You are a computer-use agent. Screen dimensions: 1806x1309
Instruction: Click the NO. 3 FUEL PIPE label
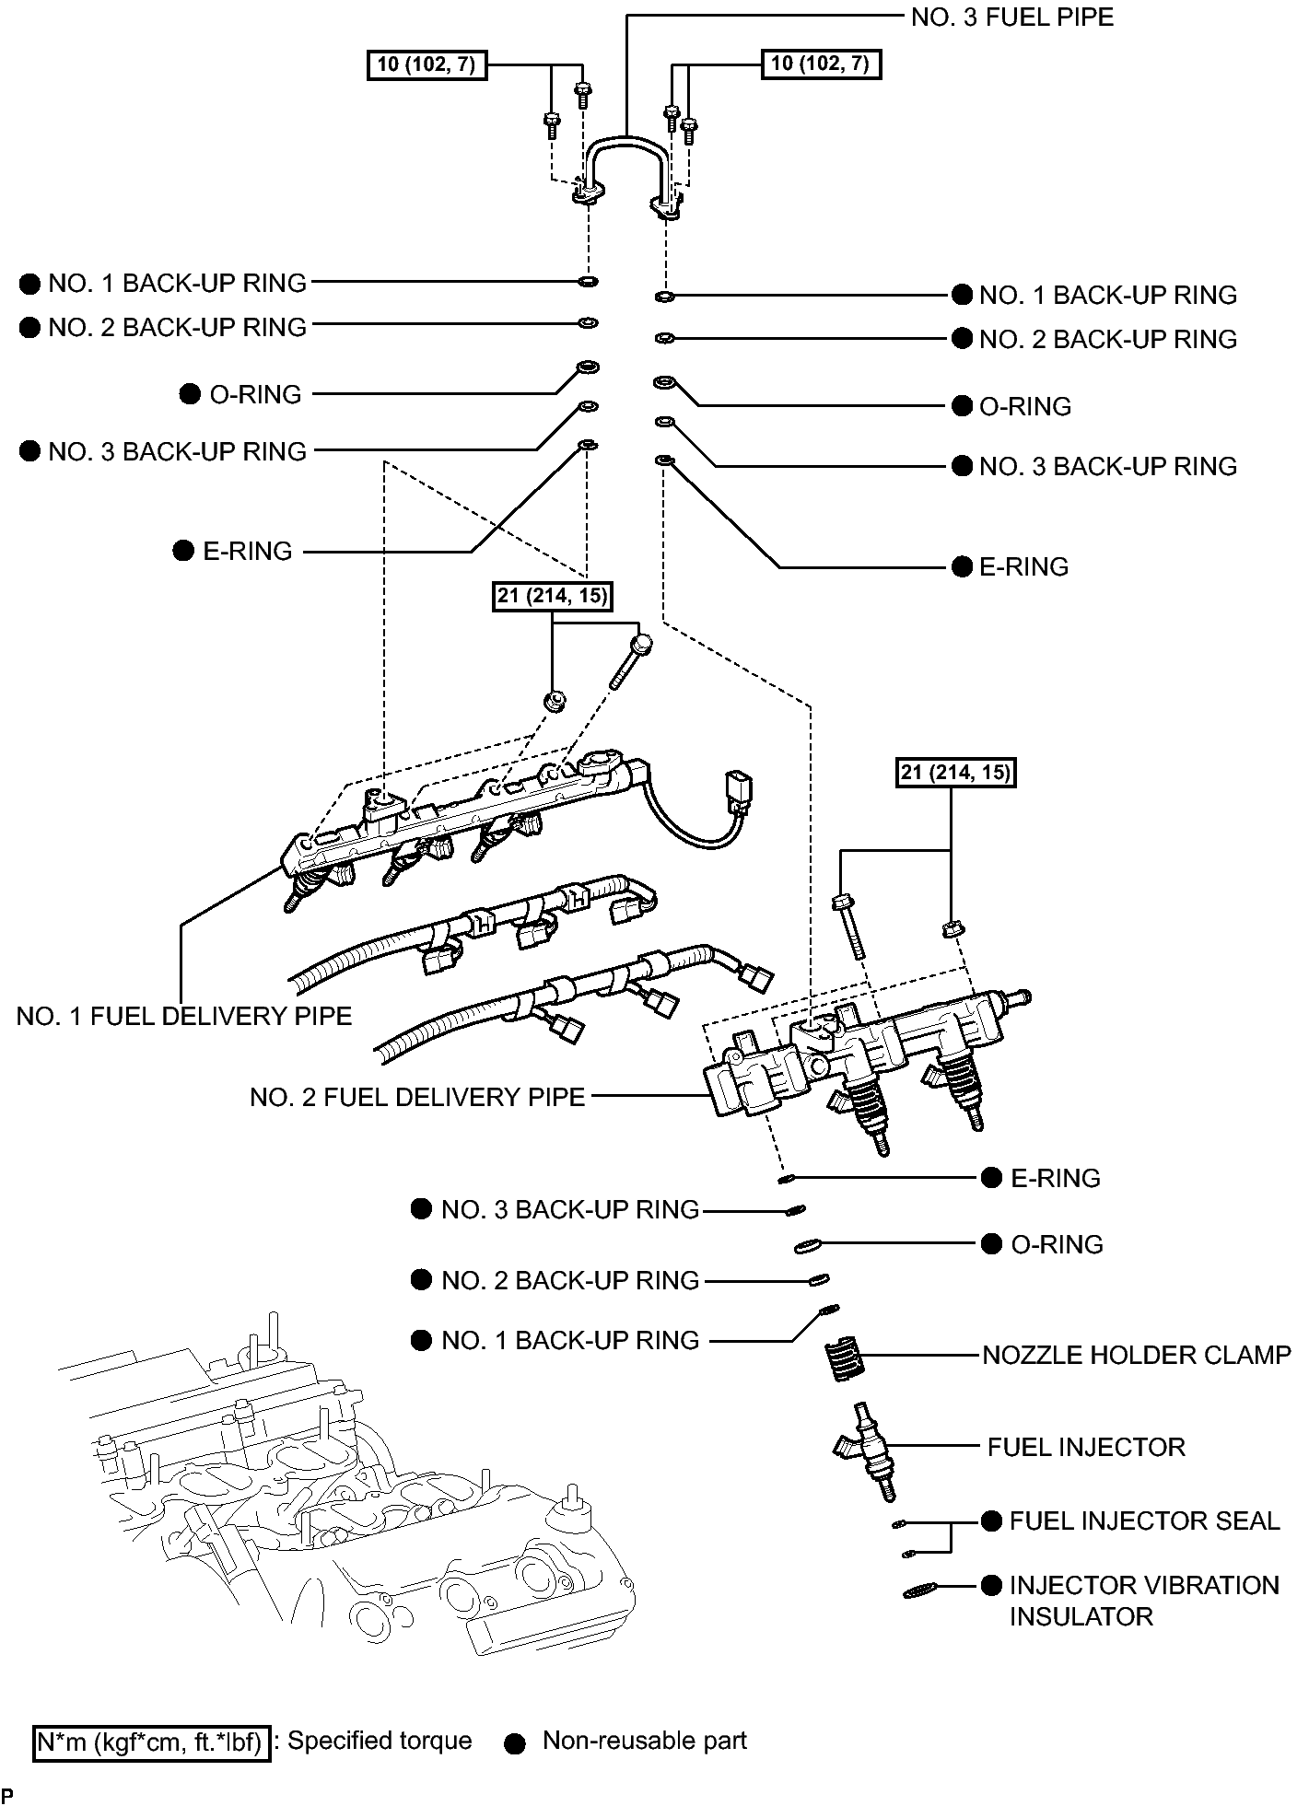pos(1011,17)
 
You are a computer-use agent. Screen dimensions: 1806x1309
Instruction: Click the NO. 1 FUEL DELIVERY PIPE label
pos(184,1016)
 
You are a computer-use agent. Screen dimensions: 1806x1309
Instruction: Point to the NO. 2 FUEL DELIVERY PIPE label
pos(417,1097)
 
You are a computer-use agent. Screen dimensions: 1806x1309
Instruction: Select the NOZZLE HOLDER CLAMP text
pos(1136,1355)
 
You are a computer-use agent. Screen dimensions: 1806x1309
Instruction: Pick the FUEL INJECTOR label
pos(1085,1446)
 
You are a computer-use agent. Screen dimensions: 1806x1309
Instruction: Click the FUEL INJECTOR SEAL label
pos(1144,1521)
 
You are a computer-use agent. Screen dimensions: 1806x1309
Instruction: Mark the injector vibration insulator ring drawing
pos(919,1590)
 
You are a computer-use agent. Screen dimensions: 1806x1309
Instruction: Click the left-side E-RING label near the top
pos(247,551)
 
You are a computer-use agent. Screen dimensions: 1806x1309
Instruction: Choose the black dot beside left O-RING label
pos(190,394)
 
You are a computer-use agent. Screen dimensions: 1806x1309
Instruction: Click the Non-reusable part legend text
pos(644,1741)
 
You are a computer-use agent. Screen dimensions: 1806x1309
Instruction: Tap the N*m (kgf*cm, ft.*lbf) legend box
pos(152,1742)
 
